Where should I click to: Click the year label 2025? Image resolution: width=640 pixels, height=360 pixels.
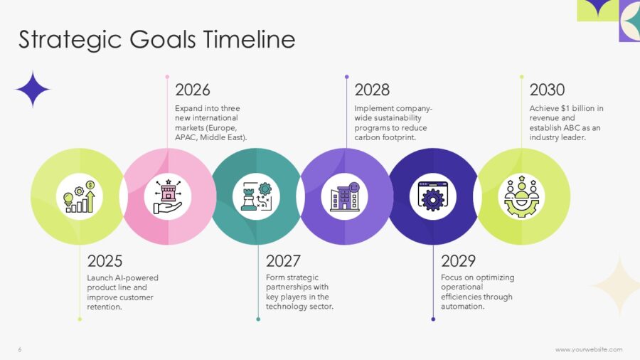point(105,261)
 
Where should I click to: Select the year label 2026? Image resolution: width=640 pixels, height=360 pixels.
point(193,90)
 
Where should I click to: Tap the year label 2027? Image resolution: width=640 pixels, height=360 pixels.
point(283,261)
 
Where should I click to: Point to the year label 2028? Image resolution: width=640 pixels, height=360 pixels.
point(372,90)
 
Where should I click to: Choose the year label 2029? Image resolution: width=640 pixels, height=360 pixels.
point(458,261)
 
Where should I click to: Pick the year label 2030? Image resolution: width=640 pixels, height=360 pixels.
point(547,90)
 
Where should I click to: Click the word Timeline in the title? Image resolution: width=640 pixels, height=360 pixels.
point(249,40)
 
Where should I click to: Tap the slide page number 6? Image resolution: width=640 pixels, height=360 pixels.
point(20,349)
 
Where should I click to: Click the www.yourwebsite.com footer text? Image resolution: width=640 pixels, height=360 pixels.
point(588,349)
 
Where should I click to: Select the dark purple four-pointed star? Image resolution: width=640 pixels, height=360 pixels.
point(33,90)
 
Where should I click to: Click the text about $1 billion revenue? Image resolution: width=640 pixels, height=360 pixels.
point(566,123)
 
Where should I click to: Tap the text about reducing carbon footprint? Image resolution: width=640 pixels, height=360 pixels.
point(393,123)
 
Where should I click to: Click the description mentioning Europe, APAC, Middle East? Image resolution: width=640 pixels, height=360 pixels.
point(211,123)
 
